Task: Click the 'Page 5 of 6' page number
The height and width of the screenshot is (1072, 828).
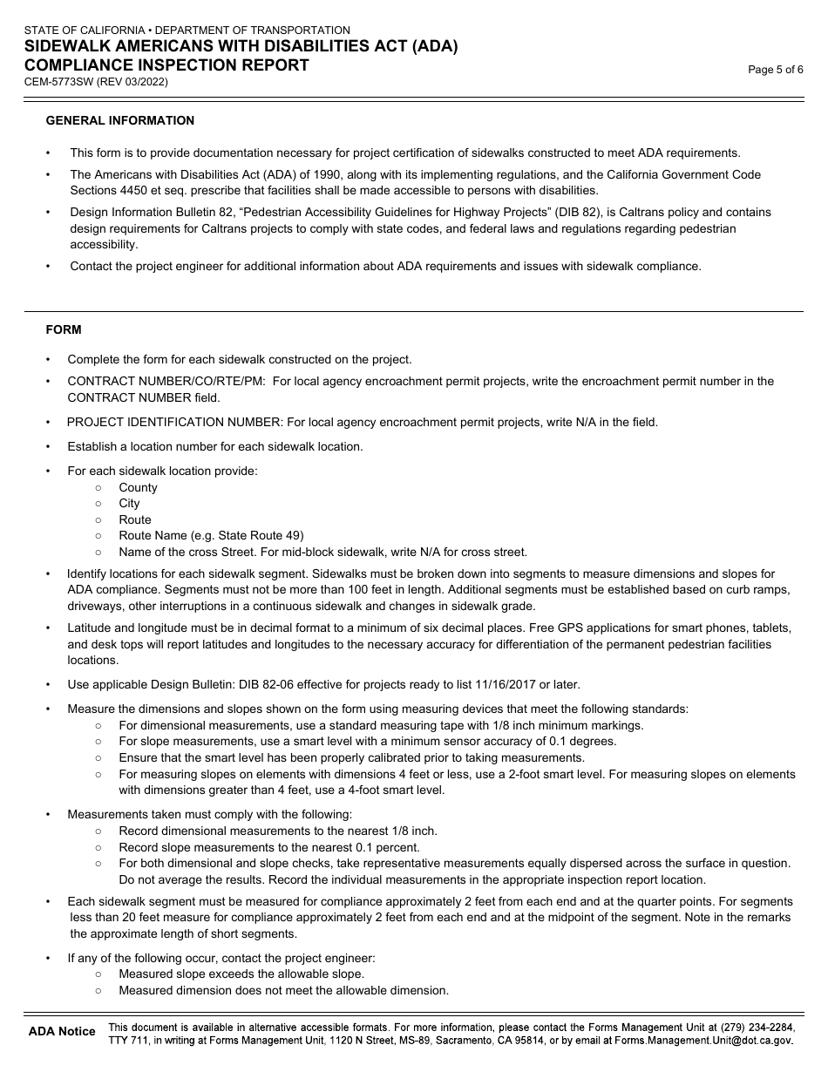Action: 775,71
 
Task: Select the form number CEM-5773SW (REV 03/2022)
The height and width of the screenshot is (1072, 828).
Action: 97,83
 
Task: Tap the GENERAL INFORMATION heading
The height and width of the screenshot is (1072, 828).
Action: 120,120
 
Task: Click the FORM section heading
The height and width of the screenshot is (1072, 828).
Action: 64,329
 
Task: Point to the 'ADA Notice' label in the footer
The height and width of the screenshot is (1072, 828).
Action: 62,1031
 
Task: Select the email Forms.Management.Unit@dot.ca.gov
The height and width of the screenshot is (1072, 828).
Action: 703,1041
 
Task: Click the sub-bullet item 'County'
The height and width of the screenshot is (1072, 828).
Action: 138,487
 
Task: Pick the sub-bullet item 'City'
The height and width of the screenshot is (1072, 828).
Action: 129,504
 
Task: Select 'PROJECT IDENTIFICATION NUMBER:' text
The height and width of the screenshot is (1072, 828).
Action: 175,423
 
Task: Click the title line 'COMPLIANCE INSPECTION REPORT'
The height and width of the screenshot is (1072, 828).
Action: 166,65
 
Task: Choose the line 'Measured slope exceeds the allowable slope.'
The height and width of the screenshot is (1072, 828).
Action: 241,974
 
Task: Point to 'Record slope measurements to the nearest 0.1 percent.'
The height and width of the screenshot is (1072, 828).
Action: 269,847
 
